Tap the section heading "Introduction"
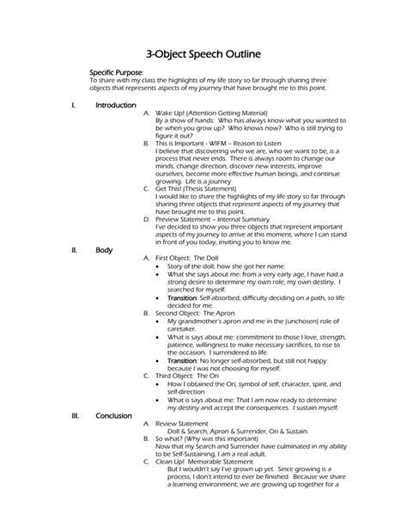[116, 105]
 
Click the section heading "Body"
[104, 249]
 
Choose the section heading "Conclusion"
[113, 415]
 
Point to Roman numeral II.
[75, 249]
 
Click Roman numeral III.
[76, 415]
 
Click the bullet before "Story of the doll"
[160, 267]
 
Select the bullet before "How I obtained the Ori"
[160, 383]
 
